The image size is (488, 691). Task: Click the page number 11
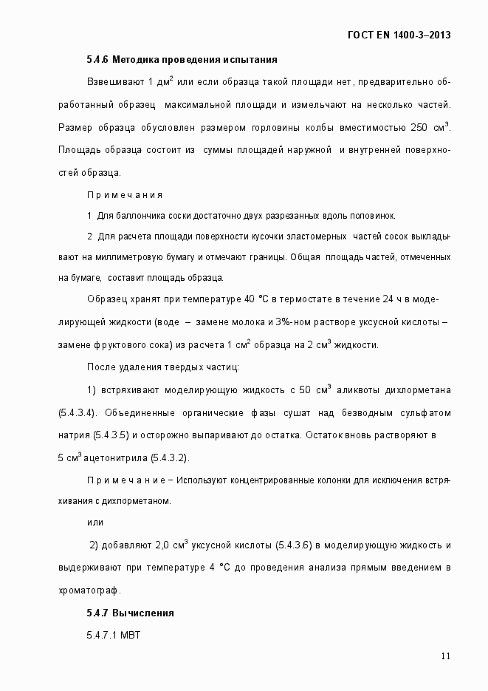coord(445,656)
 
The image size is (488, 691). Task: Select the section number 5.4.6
coord(97,59)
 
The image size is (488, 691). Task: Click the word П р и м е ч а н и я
coord(125,195)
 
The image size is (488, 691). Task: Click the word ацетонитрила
coord(114,457)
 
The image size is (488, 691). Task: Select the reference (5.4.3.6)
coord(295,545)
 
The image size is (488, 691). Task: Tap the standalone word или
coord(94,522)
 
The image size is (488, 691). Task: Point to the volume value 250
coord(419,128)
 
